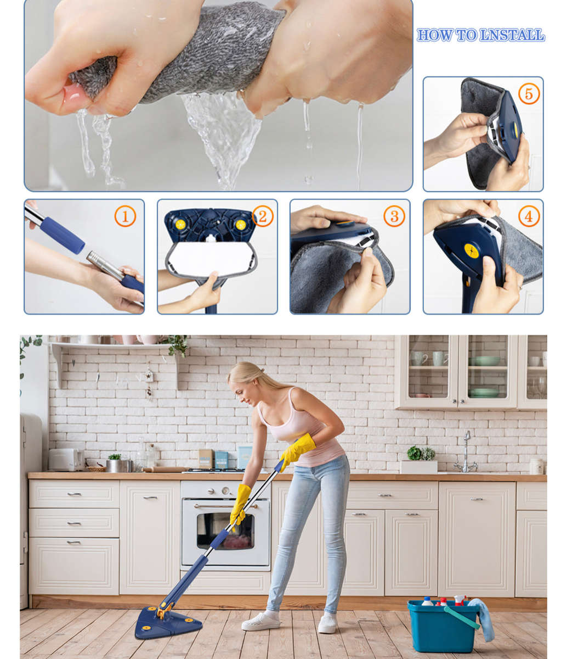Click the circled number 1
point(125,216)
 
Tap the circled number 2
point(262,216)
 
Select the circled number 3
point(394,216)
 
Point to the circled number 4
point(529,216)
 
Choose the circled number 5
point(529,94)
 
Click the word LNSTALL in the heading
point(512,36)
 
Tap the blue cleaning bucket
point(443,626)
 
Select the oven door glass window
point(225,530)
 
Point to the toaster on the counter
point(65,459)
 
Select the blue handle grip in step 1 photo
point(62,234)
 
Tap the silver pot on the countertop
point(118,465)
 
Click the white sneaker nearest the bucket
point(327,623)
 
